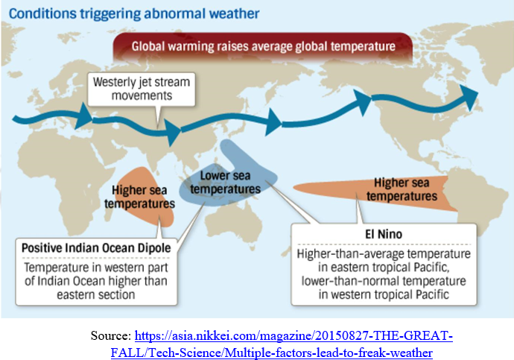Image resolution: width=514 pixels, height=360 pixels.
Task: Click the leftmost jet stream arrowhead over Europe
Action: click(83, 113)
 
